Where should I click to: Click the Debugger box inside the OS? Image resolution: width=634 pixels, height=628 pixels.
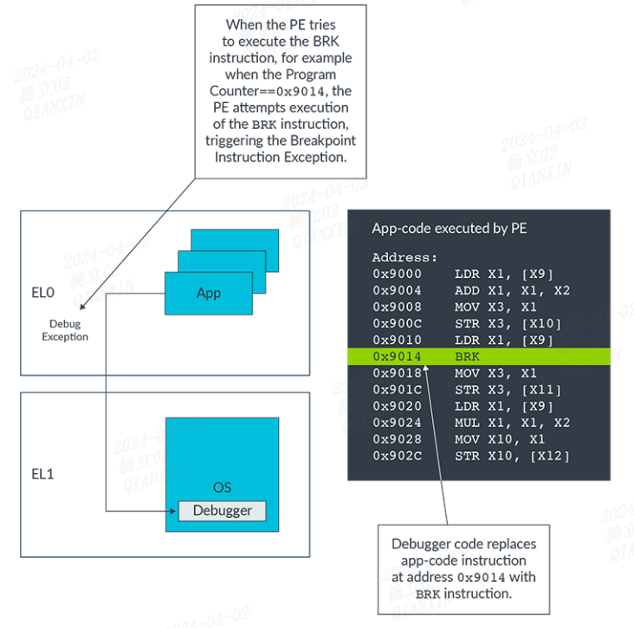click(x=222, y=510)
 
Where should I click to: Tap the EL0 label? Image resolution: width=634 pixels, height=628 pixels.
click(x=43, y=294)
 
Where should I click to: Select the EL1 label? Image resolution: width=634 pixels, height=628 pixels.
click(x=43, y=474)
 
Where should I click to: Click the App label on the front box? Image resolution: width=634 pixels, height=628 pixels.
click(x=208, y=293)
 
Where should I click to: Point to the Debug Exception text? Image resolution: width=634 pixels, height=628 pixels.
click(x=65, y=330)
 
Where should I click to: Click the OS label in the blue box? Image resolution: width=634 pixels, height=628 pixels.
click(x=222, y=488)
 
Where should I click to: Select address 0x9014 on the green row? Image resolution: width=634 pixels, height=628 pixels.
click(x=397, y=356)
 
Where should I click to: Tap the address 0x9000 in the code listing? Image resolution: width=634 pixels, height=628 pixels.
click(x=397, y=274)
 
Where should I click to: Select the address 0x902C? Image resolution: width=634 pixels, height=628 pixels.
click(x=397, y=456)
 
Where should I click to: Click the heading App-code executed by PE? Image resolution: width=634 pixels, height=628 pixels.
click(x=449, y=229)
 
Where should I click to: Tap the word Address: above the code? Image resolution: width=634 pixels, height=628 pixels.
click(x=404, y=257)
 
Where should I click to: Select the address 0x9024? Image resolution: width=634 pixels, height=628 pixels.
click(x=397, y=423)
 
